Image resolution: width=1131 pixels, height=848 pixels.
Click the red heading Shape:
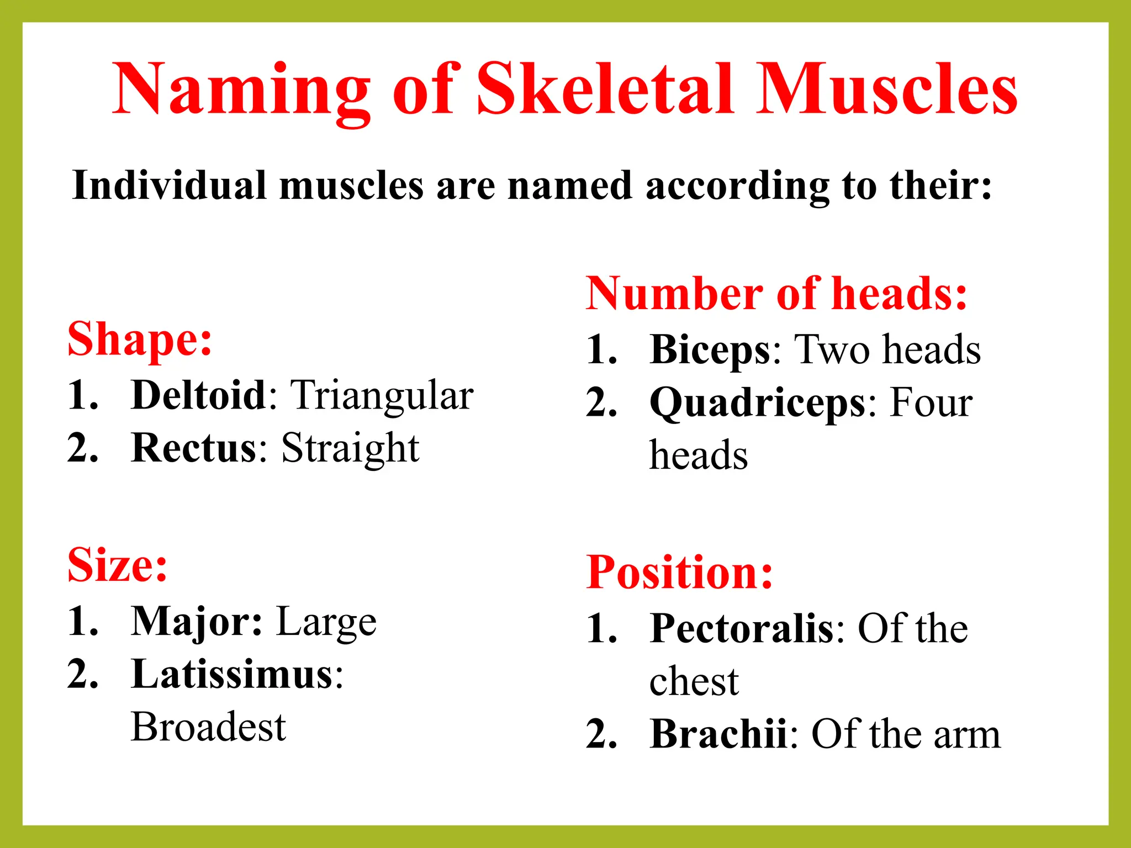pyautogui.click(x=140, y=339)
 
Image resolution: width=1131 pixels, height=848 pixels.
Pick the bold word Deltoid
pyautogui.click(x=199, y=395)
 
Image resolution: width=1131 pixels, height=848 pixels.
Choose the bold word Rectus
pyautogui.click(x=194, y=447)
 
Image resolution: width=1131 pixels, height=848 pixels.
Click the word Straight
pyautogui.click(x=350, y=448)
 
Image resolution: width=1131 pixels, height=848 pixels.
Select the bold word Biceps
pyautogui.click(x=710, y=350)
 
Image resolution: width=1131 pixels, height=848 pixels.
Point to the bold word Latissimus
pyautogui.click(x=232, y=674)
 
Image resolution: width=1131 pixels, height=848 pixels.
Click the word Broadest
pyautogui.click(x=209, y=727)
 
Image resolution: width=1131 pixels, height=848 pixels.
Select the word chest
pyautogui.click(x=694, y=681)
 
